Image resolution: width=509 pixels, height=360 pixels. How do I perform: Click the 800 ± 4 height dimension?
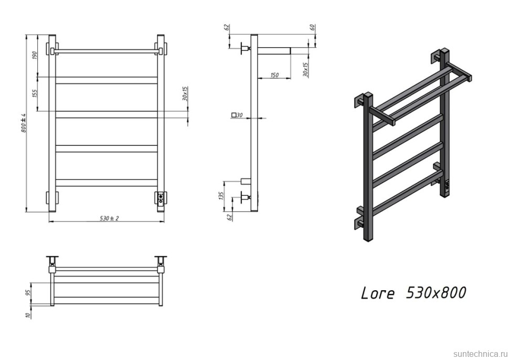24,123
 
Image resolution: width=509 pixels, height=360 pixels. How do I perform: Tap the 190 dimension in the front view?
35,56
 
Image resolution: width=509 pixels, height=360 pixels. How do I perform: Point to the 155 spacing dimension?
35,93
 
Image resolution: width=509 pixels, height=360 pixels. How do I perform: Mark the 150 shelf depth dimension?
274,76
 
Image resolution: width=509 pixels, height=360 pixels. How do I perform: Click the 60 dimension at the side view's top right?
313,27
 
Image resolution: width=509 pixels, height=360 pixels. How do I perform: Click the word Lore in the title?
377,293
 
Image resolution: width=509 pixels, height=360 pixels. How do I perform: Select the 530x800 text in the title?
436,292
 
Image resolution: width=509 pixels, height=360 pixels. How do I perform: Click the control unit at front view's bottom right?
160,198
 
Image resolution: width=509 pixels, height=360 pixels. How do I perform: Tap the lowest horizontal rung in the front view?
107,183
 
